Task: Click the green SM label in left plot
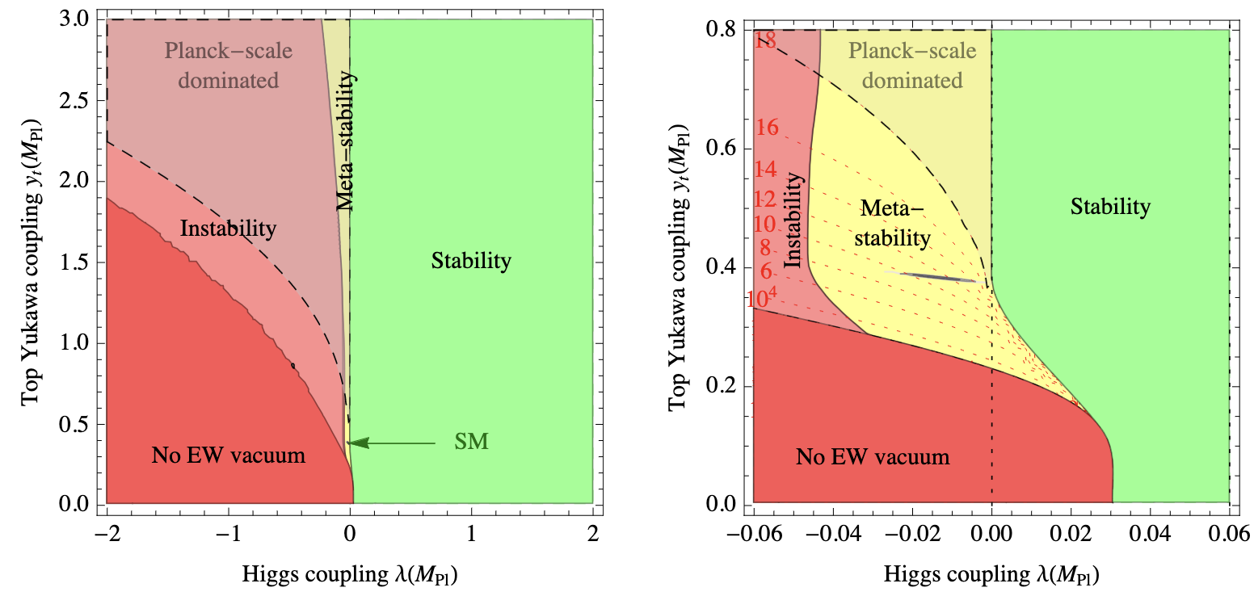(471, 442)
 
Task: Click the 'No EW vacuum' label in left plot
(229, 455)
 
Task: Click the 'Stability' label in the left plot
(471, 261)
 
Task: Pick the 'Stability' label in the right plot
(1110, 207)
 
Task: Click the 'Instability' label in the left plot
(228, 229)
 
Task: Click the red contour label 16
(767, 128)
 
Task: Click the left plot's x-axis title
(350, 574)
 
